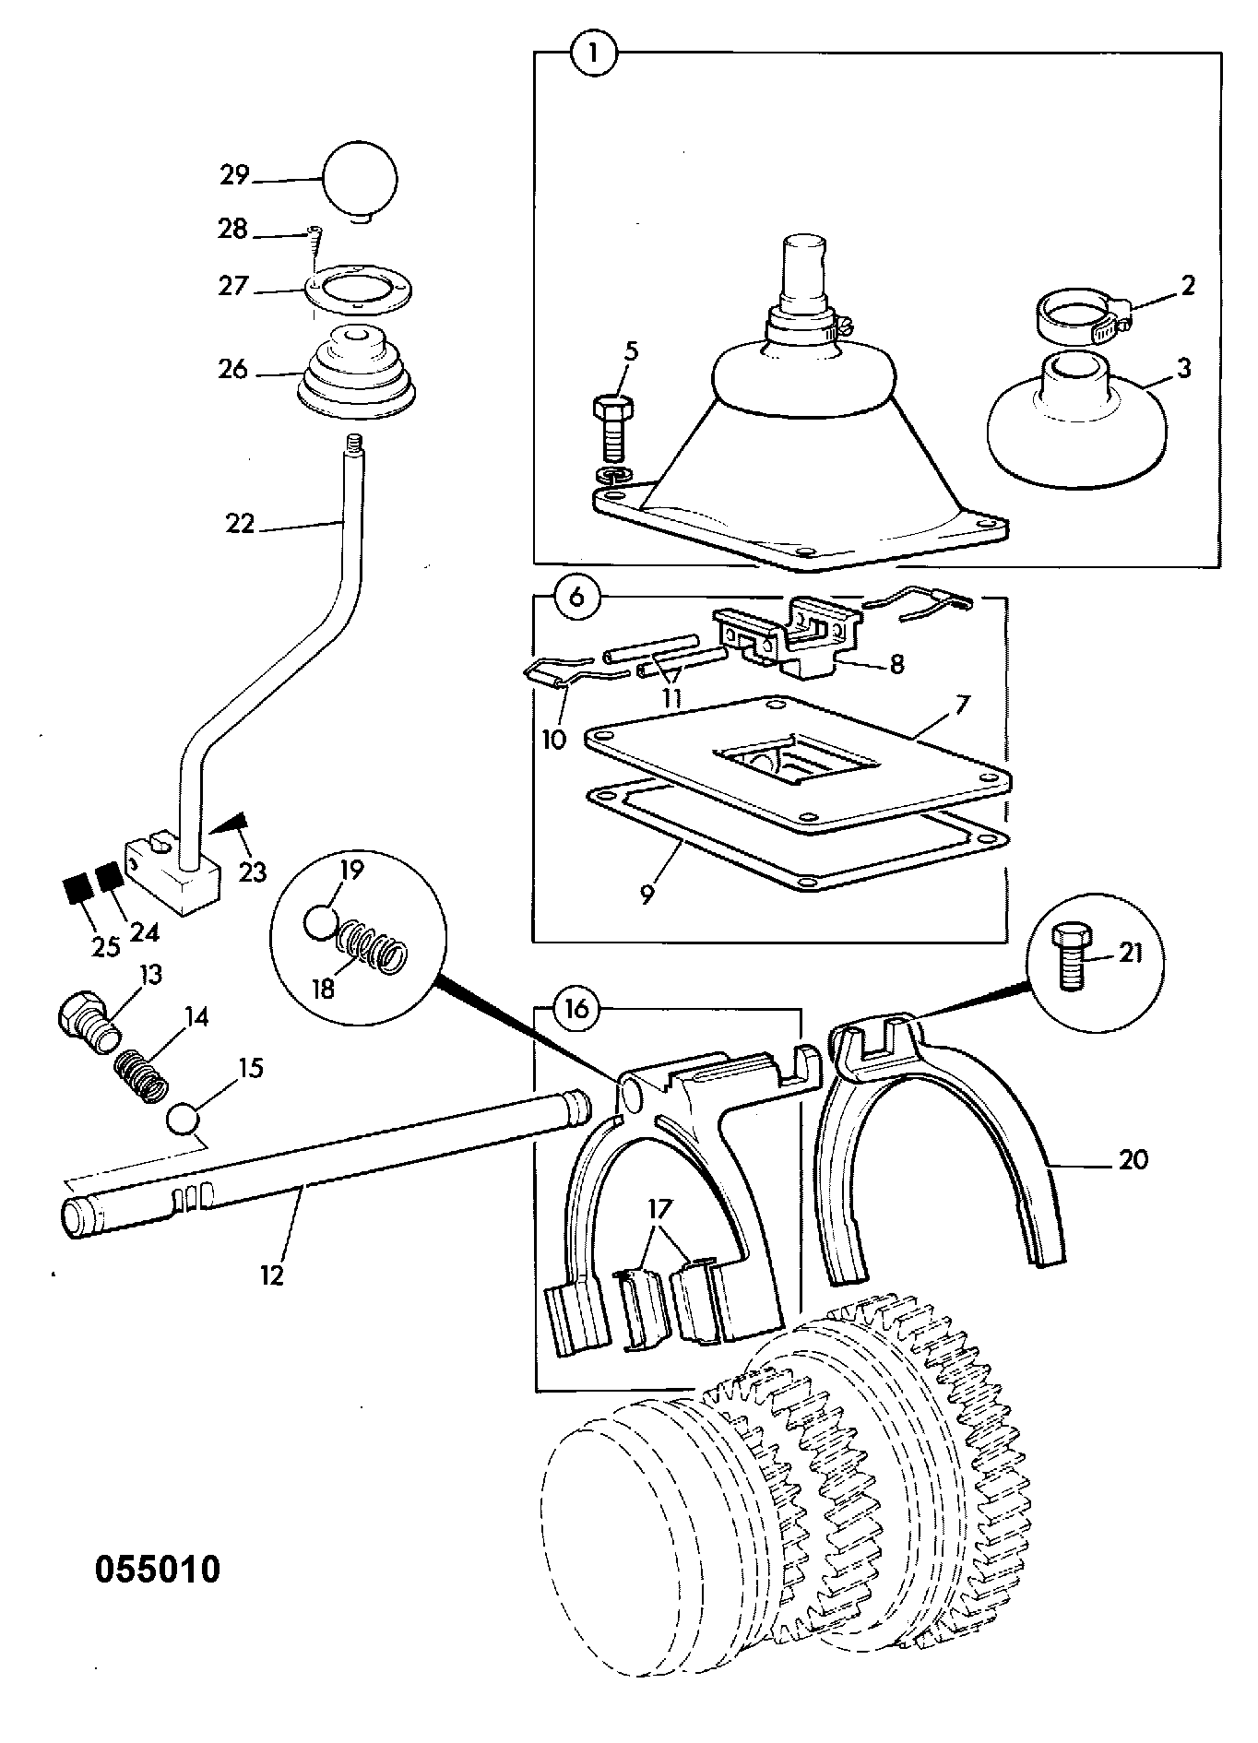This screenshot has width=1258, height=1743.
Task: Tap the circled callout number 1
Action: (x=592, y=53)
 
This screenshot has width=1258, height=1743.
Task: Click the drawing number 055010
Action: (x=158, y=1568)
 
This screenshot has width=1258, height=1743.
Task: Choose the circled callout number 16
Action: (x=577, y=1009)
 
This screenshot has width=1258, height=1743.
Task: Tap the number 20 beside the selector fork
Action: (x=1133, y=1158)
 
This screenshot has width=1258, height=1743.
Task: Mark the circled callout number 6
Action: (x=576, y=597)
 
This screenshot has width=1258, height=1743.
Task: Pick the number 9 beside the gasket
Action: (x=647, y=893)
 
